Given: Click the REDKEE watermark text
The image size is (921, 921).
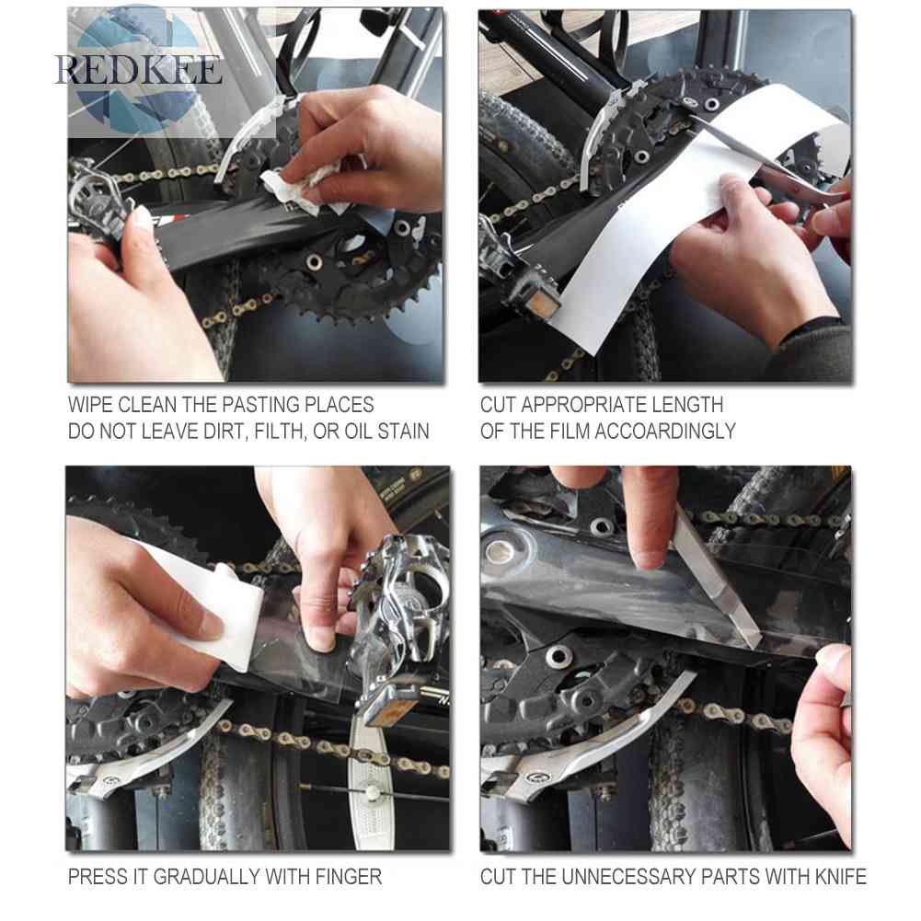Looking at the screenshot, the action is tap(139, 70).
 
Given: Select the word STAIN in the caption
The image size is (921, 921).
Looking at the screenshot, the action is tap(404, 432).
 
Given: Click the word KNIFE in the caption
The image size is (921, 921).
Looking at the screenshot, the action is tap(841, 877).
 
